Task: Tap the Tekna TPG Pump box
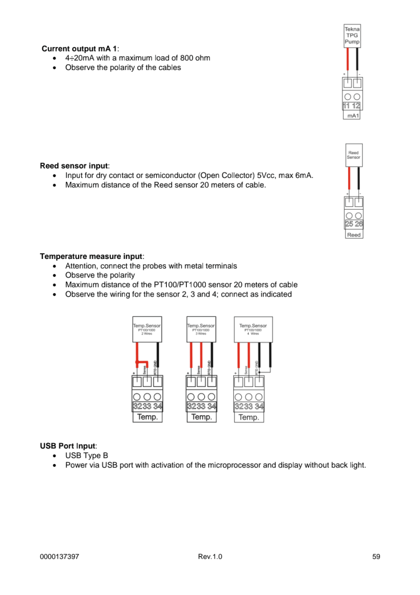352,36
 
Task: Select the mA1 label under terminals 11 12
352,116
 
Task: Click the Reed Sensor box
353,155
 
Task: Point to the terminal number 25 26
354,224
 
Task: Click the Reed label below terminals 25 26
354,235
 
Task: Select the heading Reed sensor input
75,166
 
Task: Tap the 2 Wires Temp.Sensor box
147,329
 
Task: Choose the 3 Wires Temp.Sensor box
201,329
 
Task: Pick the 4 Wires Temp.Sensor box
253,329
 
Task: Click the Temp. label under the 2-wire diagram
147,417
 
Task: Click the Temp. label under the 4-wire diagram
249,417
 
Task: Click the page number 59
376,557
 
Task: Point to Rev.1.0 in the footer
209,557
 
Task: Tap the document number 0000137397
60,557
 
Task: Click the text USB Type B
87,455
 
